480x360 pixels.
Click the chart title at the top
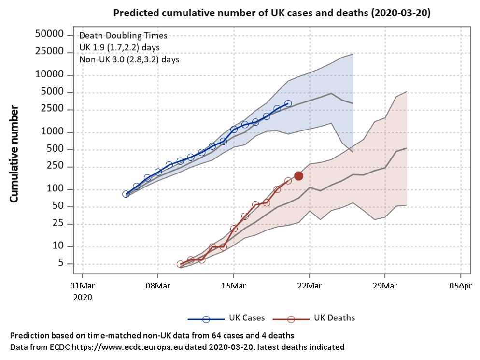[271, 13]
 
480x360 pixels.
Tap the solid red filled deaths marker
[298, 176]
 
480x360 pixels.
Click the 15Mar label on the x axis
[233, 286]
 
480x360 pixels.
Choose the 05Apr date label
[460, 286]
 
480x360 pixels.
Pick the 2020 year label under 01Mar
[82, 297]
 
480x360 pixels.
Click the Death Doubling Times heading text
[123, 36]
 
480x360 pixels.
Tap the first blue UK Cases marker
[126, 194]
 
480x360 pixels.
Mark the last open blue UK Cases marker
[288, 103]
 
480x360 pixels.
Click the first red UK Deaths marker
[180, 264]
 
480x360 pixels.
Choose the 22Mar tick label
[309, 286]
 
